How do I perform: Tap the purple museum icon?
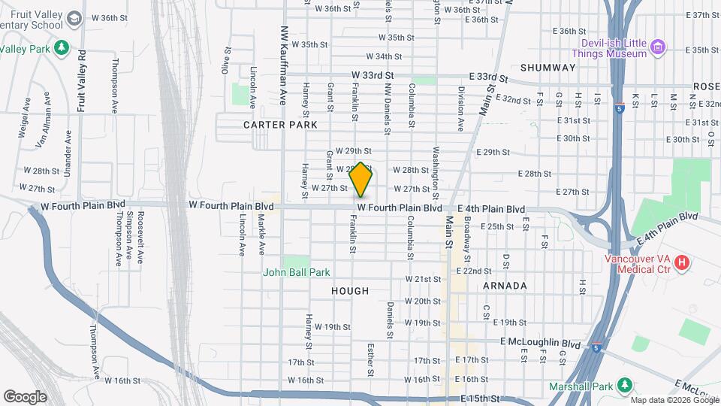[x=659, y=48]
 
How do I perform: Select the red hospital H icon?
[x=682, y=262]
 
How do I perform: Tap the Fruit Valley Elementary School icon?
[x=74, y=17]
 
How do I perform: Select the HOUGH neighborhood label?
[x=350, y=291]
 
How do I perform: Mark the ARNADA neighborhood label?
[x=504, y=286]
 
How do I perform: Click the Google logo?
[x=25, y=397]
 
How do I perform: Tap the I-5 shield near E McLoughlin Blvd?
[x=596, y=348]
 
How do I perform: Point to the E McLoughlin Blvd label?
[x=540, y=343]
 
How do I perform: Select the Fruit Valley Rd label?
[x=82, y=80]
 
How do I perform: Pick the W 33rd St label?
[x=373, y=75]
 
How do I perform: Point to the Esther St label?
[x=370, y=360]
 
